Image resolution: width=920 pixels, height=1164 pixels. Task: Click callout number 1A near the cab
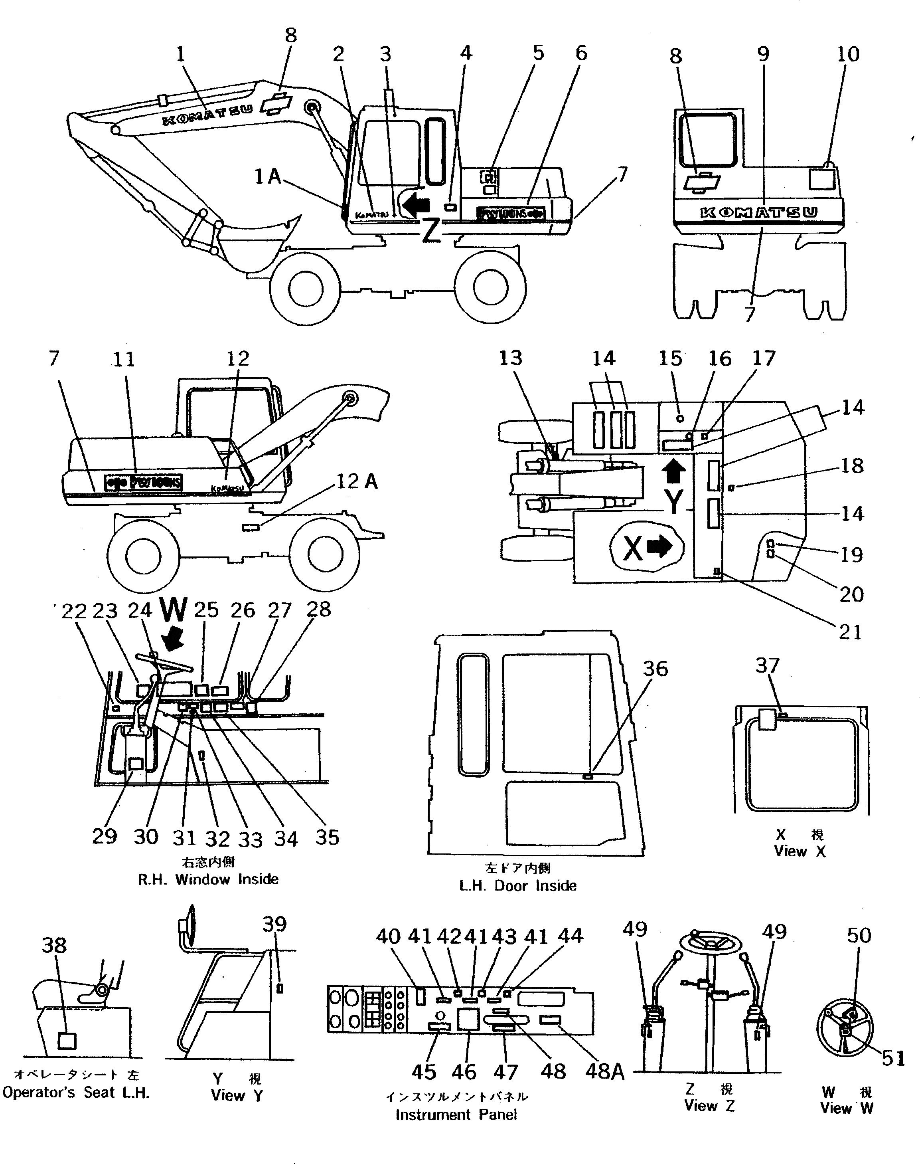click(268, 176)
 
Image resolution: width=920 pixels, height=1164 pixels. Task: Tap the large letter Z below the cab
click(431, 231)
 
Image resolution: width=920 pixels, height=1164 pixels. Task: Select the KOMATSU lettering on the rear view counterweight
click(758, 212)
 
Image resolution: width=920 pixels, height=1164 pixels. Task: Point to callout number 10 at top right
click(848, 54)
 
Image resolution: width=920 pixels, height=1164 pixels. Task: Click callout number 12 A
click(357, 481)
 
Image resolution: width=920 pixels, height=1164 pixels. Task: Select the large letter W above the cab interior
click(174, 611)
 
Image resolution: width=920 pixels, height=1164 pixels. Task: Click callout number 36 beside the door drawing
click(655, 669)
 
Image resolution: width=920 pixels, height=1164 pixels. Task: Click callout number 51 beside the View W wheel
click(893, 1058)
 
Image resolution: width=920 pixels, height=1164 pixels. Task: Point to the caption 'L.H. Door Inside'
click(517, 885)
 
